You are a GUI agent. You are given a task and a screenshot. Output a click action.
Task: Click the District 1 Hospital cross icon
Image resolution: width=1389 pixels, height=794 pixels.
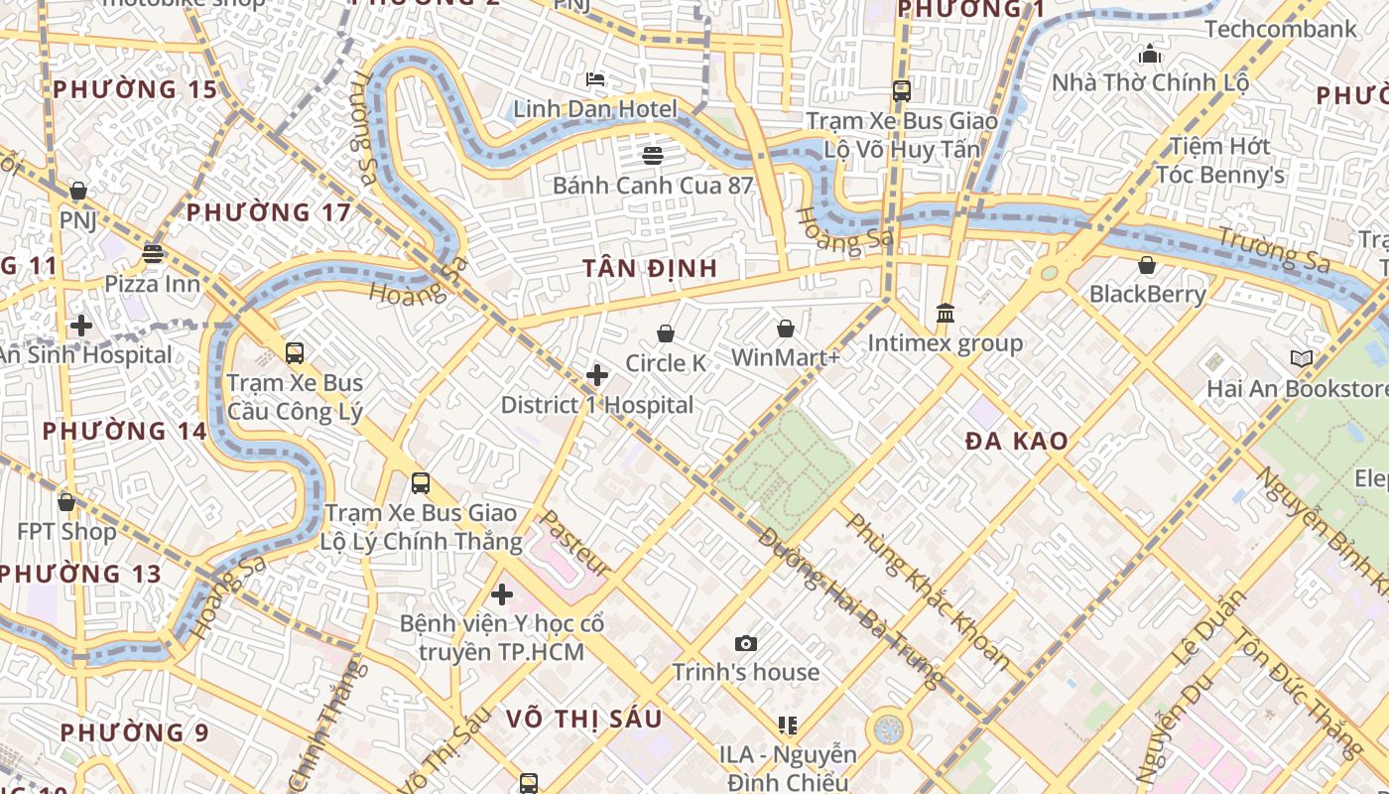click(597, 375)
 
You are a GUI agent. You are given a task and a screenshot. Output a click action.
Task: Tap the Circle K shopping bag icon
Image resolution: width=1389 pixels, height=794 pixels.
click(666, 333)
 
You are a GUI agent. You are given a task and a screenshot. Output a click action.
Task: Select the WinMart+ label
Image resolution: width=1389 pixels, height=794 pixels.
click(785, 357)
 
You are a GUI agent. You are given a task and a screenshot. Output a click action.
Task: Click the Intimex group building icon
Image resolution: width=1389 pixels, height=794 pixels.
click(946, 314)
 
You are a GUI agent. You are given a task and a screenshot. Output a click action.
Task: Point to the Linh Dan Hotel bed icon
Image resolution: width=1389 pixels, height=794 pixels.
click(595, 78)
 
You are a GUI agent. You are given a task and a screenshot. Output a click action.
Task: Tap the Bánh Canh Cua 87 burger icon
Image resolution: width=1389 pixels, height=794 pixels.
click(652, 155)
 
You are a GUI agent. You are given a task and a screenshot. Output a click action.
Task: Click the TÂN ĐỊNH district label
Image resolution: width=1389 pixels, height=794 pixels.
click(650, 269)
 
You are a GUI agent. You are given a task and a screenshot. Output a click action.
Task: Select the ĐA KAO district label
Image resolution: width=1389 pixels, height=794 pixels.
click(1017, 442)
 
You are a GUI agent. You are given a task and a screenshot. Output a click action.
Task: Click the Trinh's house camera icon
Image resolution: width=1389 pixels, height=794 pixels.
click(746, 643)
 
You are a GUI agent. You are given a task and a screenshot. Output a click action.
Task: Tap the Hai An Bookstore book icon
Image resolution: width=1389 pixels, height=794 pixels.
click(1301, 358)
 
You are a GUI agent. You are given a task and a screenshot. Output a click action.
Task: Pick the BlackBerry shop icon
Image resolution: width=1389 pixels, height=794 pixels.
click(1147, 265)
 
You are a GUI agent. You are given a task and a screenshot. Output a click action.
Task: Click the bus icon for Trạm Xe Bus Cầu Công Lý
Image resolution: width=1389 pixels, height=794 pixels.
click(295, 352)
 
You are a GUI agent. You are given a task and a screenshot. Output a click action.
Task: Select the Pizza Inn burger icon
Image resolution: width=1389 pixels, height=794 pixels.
click(152, 253)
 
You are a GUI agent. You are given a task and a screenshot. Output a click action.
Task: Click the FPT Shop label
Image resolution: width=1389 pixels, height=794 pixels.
click(66, 531)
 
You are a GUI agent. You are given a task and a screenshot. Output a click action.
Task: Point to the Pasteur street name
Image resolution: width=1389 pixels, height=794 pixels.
click(573, 545)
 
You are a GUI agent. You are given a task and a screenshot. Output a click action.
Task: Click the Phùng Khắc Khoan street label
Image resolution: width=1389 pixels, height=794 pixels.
click(927, 592)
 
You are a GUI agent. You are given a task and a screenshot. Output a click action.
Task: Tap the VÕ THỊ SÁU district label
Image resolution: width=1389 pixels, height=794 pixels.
click(583, 720)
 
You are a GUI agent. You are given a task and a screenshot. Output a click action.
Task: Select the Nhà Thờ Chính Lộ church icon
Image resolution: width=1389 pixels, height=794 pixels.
click(1150, 53)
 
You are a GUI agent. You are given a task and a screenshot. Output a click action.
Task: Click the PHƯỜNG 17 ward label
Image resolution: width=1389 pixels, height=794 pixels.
click(269, 212)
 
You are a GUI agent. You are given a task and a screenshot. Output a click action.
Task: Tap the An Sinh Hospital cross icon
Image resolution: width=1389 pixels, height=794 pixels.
click(81, 325)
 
